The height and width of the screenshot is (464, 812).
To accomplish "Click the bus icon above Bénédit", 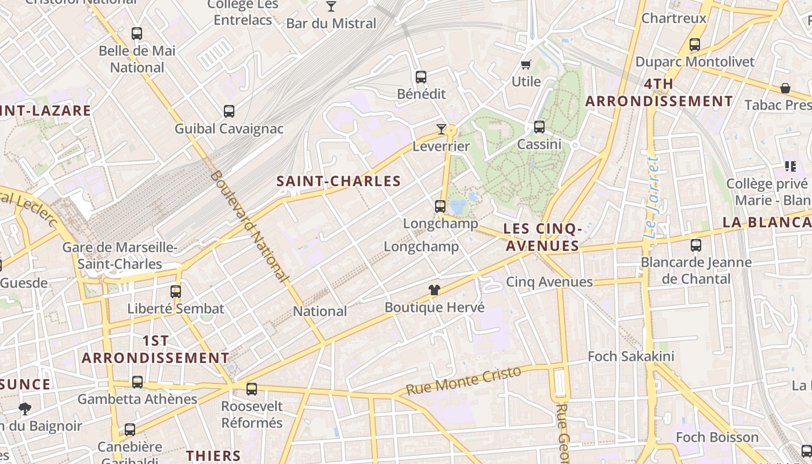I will (x=421, y=77).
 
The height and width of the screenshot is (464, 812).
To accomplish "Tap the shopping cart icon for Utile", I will (x=526, y=64).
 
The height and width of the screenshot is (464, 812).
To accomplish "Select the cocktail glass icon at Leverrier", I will (x=441, y=129).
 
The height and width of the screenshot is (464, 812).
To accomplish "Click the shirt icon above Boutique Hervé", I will (x=434, y=290).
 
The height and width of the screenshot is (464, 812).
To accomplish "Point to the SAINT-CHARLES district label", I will (x=339, y=182).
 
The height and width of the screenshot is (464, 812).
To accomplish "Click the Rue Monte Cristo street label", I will (x=463, y=381).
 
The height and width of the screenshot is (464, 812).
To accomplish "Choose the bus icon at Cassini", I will (x=539, y=126).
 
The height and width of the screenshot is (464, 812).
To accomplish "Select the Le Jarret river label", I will (x=652, y=197).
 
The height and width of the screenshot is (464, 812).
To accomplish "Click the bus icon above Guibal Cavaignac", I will (x=229, y=111).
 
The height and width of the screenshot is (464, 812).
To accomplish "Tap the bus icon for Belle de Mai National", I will (x=137, y=34).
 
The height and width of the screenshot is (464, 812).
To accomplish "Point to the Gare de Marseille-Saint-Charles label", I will (x=120, y=256).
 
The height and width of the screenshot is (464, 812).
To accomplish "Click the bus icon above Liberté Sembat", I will (x=176, y=291).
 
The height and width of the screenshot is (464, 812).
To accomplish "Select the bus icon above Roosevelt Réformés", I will (x=252, y=389).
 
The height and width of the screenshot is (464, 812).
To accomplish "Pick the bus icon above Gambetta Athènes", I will (x=137, y=382).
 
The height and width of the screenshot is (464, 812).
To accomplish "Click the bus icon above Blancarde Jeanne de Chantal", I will (x=696, y=245).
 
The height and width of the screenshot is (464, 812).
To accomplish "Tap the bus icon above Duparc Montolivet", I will (x=694, y=44).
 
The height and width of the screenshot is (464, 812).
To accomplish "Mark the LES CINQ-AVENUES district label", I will (x=542, y=237).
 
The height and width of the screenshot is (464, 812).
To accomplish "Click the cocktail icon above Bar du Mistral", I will (x=331, y=6).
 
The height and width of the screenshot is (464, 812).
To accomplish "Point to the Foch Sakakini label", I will (x=631, y=356).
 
